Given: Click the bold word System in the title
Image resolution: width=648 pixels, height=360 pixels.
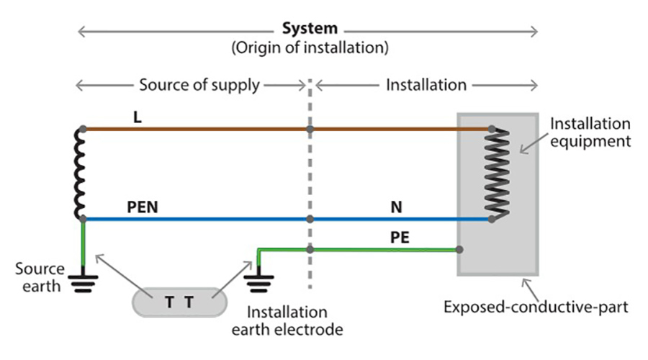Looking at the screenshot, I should click(x=309, y=30).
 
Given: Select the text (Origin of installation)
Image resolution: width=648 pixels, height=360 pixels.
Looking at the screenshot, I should click(x=310, y=49).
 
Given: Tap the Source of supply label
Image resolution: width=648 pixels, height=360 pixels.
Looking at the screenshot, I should click(x=199, y=85).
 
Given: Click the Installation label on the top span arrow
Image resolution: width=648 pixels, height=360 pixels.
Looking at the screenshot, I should click(x=426, y=85).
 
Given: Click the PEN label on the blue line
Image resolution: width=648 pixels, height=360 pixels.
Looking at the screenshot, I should click(x=142, y=206).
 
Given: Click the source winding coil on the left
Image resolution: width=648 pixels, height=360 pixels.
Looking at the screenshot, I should click(x=81, y=174).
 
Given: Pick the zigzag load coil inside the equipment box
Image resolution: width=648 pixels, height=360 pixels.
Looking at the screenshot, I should click(x=498, y=175).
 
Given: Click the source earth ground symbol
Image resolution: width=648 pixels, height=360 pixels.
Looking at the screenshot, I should click(x=84, y=279).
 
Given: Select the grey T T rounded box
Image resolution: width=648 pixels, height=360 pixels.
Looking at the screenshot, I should click(x=179, y=302).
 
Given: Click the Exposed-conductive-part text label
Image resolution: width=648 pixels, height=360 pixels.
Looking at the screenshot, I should click(x=536, y=308).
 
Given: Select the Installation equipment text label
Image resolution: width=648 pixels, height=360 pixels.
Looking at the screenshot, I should click(x=590, y=132).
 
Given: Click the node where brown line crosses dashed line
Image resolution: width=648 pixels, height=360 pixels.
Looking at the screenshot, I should click(x=310, y=130).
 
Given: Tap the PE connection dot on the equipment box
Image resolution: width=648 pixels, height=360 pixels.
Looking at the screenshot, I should click(x=459, y=250).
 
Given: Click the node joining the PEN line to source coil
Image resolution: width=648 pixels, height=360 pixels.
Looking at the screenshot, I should click(x=84, y=218).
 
